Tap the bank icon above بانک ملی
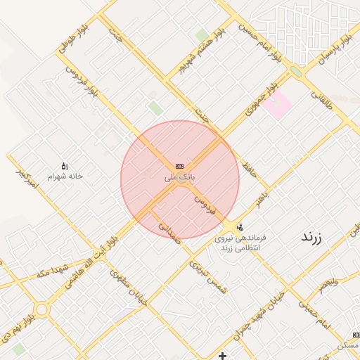click(x=179, y=166)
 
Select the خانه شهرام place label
click(x=66, y=176)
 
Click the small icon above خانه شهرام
click(x=65, y=166)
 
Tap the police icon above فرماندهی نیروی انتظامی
click(x=240, y=227)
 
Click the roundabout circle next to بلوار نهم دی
click(x=41, y=309)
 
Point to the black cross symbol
click(x=223, y=356)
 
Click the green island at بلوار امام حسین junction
click(x=296, y=71)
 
